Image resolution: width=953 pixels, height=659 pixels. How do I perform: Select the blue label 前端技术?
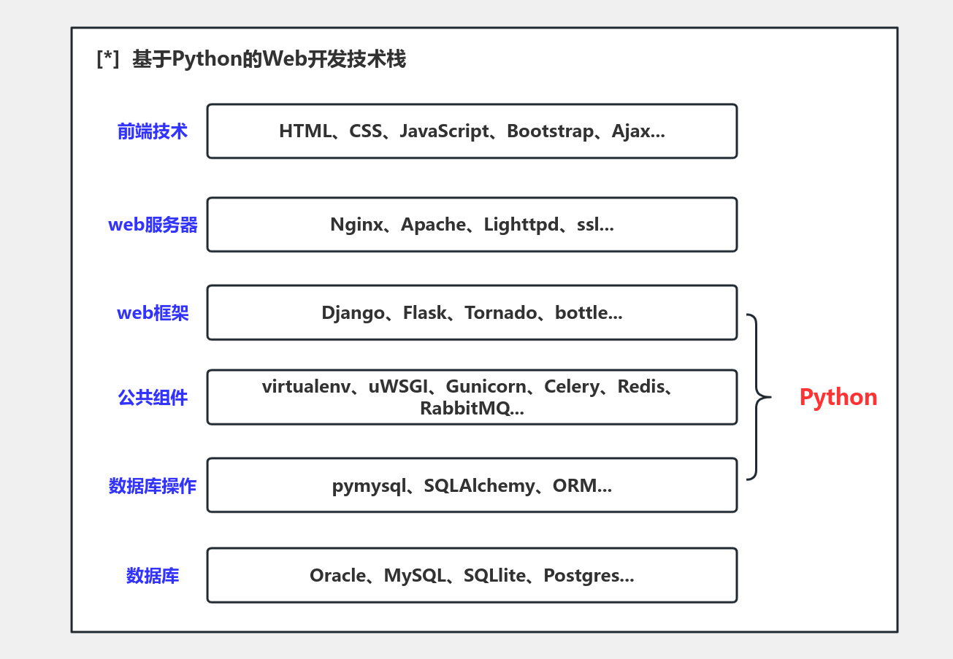click(153, 131)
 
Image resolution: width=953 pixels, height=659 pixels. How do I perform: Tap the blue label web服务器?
click(153, 225)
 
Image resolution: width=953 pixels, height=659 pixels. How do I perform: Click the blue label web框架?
click(153, 313)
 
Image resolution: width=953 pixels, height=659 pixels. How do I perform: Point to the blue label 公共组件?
click(153, 398)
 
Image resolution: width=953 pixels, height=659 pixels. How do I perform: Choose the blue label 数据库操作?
click(153, 486)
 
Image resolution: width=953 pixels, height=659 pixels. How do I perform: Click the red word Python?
click(838, 397)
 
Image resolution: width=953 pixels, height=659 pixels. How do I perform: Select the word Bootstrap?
click(551, 131)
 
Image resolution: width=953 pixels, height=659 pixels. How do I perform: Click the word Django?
click(353, 313)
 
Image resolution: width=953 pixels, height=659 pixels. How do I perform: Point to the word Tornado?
click(500, 313)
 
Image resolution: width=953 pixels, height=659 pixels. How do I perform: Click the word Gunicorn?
click(486, 387)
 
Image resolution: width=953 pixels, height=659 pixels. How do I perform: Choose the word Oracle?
click(337, 576)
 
